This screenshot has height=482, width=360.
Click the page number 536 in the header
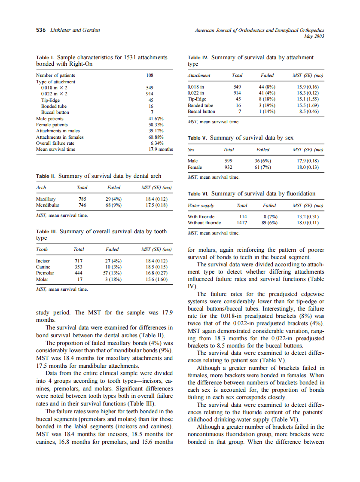pyautogui.click(x=40, y=30)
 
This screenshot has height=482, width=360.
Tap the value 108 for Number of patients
pyautogui.click(x=150, y=75)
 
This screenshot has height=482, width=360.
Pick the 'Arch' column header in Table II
pyautogui.click(x=41, y=187)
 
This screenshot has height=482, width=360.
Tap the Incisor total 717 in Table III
pyautogui.click(x=79, y=261)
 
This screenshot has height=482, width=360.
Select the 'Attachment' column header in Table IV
pyautogui.click(x=199, y=75)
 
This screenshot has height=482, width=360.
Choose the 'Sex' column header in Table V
pyautogui.click(x=192, y=149)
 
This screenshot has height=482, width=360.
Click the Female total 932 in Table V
pyautogui.click(x=229, y=167)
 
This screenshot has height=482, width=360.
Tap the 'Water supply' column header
pyautogui.click(x=201, y=205)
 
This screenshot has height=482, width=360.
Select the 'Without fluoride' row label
pyautogui.click(x=204, y=223)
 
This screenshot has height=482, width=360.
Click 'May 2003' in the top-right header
pyautogui.click(x=315, y=36)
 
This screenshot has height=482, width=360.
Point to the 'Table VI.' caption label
pyautogui.click(x=198, y=194)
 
